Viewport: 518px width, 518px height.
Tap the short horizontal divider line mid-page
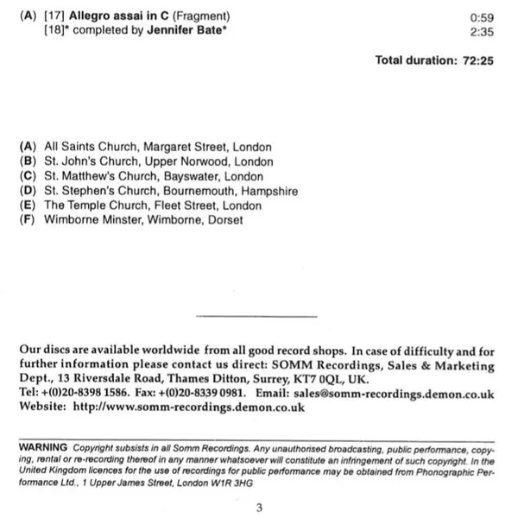[x=257, y=317]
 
